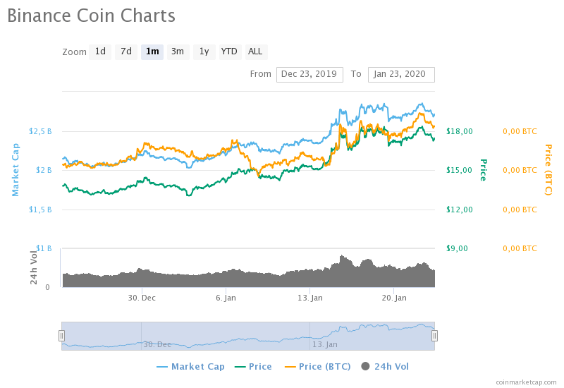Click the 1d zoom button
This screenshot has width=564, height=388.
tap(100, 51)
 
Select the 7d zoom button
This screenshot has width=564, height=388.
tap(126, 51)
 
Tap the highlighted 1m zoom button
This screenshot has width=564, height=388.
tap(152, 51)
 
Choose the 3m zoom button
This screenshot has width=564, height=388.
tap(178, 51)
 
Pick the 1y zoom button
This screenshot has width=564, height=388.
tap(204, 51)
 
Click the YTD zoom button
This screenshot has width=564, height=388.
tap(229, 51)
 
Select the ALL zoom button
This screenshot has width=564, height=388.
tap(255, 51)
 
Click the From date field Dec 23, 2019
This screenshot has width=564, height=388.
tap(309, 74)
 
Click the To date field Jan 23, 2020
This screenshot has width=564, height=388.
tap(400, 74)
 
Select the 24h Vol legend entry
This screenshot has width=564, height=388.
tap(385, 367)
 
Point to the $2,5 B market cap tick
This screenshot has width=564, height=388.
tap(40, 131)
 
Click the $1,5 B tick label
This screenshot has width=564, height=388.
tap(40, 210)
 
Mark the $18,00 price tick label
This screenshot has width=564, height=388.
tap(460, 131)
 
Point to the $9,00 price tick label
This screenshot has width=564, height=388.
tap(458, 248)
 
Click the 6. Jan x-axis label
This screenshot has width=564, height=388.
tap(226, 298)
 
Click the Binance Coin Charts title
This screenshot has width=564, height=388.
tap(91, 16)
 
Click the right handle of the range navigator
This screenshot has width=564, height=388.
tap(434, 336)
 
